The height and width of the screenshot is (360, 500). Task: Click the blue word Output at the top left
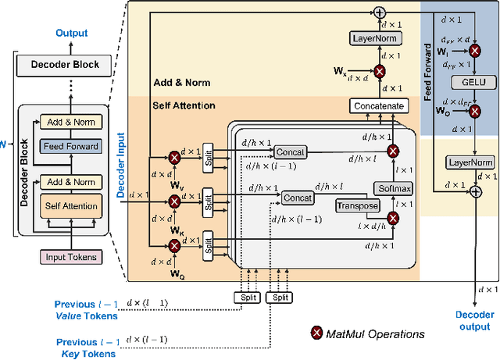(x=71, y=34)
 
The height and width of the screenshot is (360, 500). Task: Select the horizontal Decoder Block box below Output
(x=70, y=64)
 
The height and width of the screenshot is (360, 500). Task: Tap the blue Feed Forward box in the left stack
(x=71, y=146)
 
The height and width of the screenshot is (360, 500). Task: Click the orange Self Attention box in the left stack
(x=71, y=206)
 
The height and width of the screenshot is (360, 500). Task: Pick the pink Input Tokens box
(x=70, y=257)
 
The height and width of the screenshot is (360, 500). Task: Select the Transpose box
(x=357, y=205)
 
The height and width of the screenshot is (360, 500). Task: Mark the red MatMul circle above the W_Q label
(x=174, y=245)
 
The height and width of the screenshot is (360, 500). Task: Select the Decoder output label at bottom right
(x=474, y=320)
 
